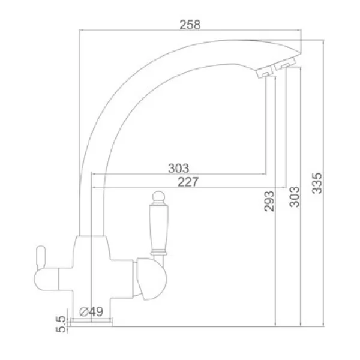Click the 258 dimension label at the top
click(190, 25)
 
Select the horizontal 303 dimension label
click(179, 168)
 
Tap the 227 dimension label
click(188, 182)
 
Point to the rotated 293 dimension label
click(269, 201)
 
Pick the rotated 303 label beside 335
click(295, 197)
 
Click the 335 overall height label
click(317, 184)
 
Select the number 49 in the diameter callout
click(96, 311)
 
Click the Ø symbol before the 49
click(84, 312)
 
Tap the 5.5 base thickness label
click(61, 324)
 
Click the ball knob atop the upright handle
click(158, 197)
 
